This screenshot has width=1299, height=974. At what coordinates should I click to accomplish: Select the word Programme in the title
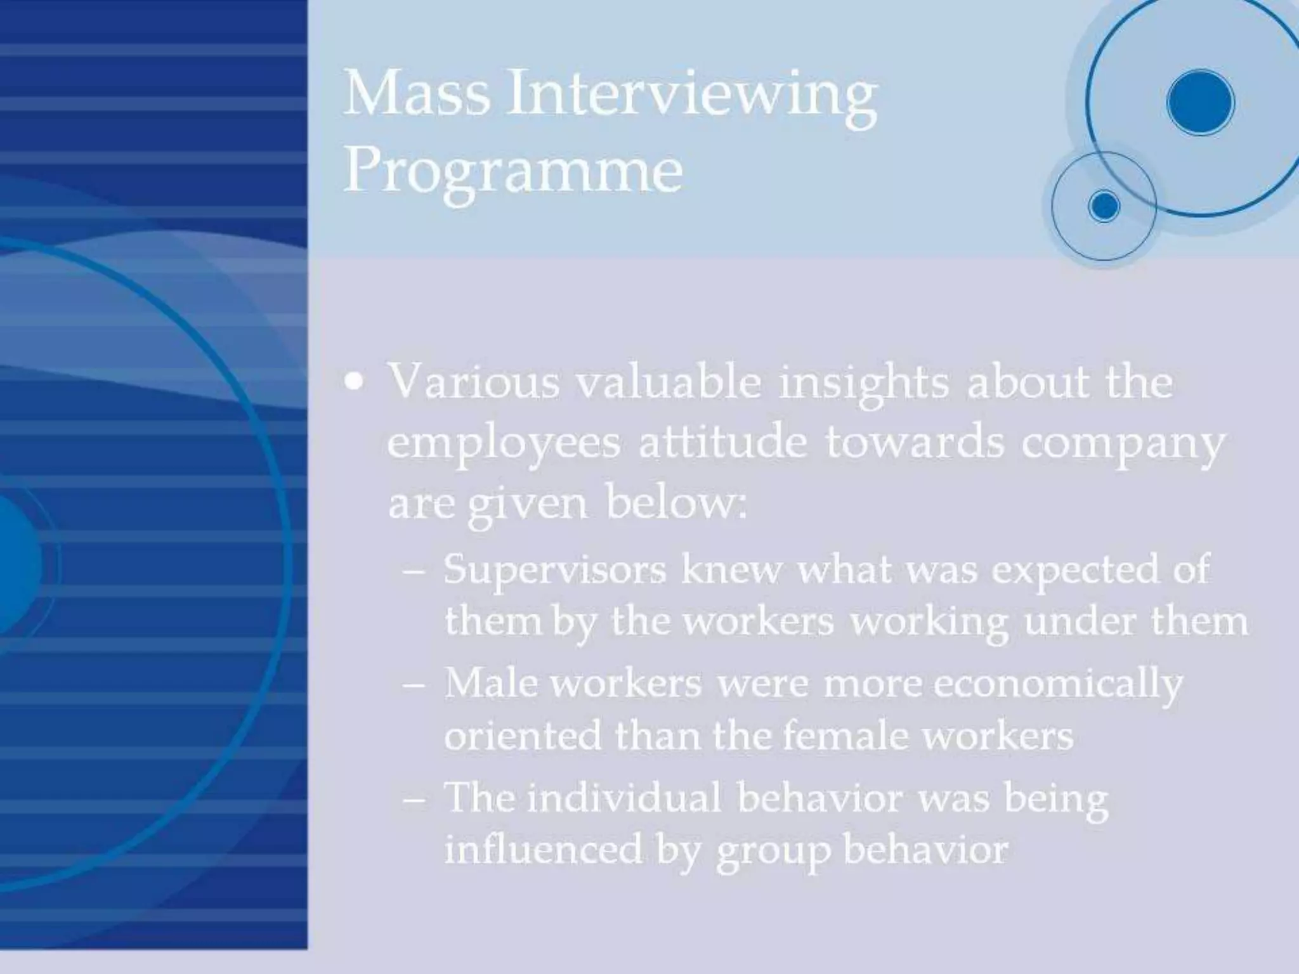click(x=513, y=174)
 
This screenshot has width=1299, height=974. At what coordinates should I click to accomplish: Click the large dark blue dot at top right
click(x=1200, y=103)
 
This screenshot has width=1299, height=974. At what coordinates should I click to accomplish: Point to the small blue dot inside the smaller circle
click(x=1104, y=206)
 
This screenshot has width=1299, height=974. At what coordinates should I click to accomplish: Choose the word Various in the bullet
click(x=474, y=382)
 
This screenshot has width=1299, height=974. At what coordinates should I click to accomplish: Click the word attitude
click(x=723, y=442)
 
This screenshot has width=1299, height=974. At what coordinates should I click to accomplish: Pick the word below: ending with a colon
click(x=677, y=502)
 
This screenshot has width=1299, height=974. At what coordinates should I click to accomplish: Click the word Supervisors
click(x=555, y=570)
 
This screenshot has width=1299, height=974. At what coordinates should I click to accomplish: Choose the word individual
click(x=623, y=797)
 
